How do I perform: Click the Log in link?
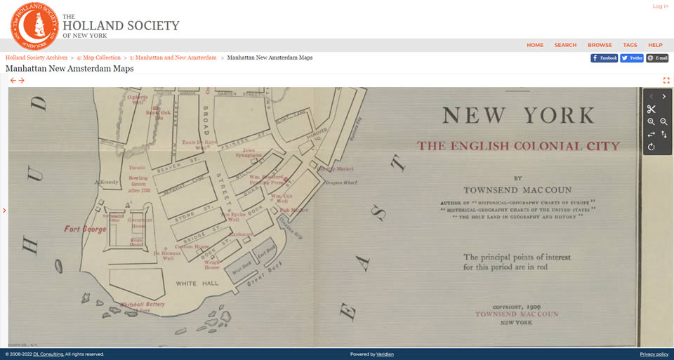[660, 6]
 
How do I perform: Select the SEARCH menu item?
[565, 45]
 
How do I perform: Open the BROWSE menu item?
[600, 45]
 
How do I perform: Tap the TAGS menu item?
[630, 45]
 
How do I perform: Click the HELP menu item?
[655, 45]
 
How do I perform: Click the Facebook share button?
[604, 58]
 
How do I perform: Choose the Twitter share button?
[632, 58]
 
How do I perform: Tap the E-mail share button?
[658, 58]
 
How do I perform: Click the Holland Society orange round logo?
[34, 26]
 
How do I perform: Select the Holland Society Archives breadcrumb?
[37, 58]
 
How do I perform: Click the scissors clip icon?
[652, 109]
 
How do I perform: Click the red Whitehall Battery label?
[142, 305]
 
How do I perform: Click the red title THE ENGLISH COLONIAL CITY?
[518, 146]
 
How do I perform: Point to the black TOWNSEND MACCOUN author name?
[517, 190]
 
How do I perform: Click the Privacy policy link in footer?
[654, 354]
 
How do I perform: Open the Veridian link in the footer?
[385, 354]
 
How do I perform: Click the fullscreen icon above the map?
[666, 80]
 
